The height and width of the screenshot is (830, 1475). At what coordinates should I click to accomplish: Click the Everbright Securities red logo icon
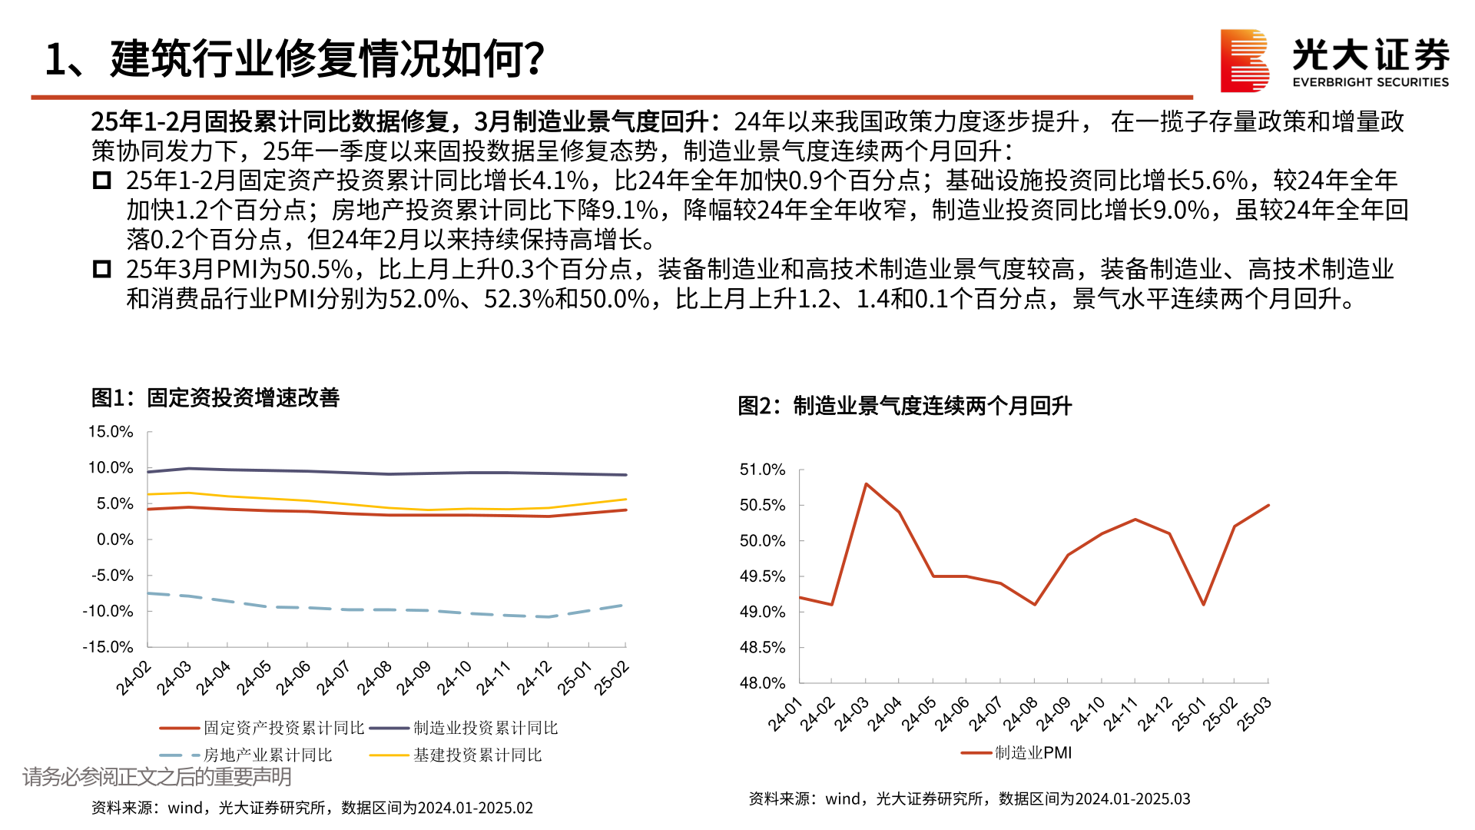coord(1245,60)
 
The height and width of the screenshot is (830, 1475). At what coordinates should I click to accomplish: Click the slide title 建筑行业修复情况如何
coord(295,58)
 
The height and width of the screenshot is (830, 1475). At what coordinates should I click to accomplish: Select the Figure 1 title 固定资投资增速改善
coord(215,397)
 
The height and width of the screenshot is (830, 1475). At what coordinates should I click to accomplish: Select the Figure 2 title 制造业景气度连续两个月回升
coord(904,406)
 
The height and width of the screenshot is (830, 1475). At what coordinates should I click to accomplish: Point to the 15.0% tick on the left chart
coord(111,432)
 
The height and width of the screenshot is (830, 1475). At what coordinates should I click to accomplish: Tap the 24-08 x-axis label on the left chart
coord(375,678)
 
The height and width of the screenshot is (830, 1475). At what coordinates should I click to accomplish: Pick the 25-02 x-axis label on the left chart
coord(612,678)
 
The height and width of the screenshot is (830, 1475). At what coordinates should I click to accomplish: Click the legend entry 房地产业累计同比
coord(267,755)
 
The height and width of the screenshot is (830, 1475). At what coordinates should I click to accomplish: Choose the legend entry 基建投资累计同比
coord(477,755)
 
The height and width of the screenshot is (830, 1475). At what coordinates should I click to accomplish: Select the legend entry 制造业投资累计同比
coord(485,728)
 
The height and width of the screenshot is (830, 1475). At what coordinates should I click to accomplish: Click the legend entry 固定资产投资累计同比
coord(283,728)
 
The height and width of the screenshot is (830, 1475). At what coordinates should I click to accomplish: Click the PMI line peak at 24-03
coord(866,484)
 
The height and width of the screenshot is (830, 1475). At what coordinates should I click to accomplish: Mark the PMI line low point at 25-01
coord(1203,604)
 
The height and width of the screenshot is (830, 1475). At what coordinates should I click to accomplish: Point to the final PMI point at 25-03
coord(1268,506)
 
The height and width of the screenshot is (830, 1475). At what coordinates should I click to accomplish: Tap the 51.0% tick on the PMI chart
coord(762,470)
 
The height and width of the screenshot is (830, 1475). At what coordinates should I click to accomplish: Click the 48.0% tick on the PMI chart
coord(762,683)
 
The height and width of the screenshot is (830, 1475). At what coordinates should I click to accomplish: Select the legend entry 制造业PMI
coord(1032,753)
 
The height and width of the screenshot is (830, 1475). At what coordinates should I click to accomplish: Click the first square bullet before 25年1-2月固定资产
coord(101,181)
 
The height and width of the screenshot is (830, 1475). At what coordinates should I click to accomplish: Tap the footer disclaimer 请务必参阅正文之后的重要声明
coord(157,777)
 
